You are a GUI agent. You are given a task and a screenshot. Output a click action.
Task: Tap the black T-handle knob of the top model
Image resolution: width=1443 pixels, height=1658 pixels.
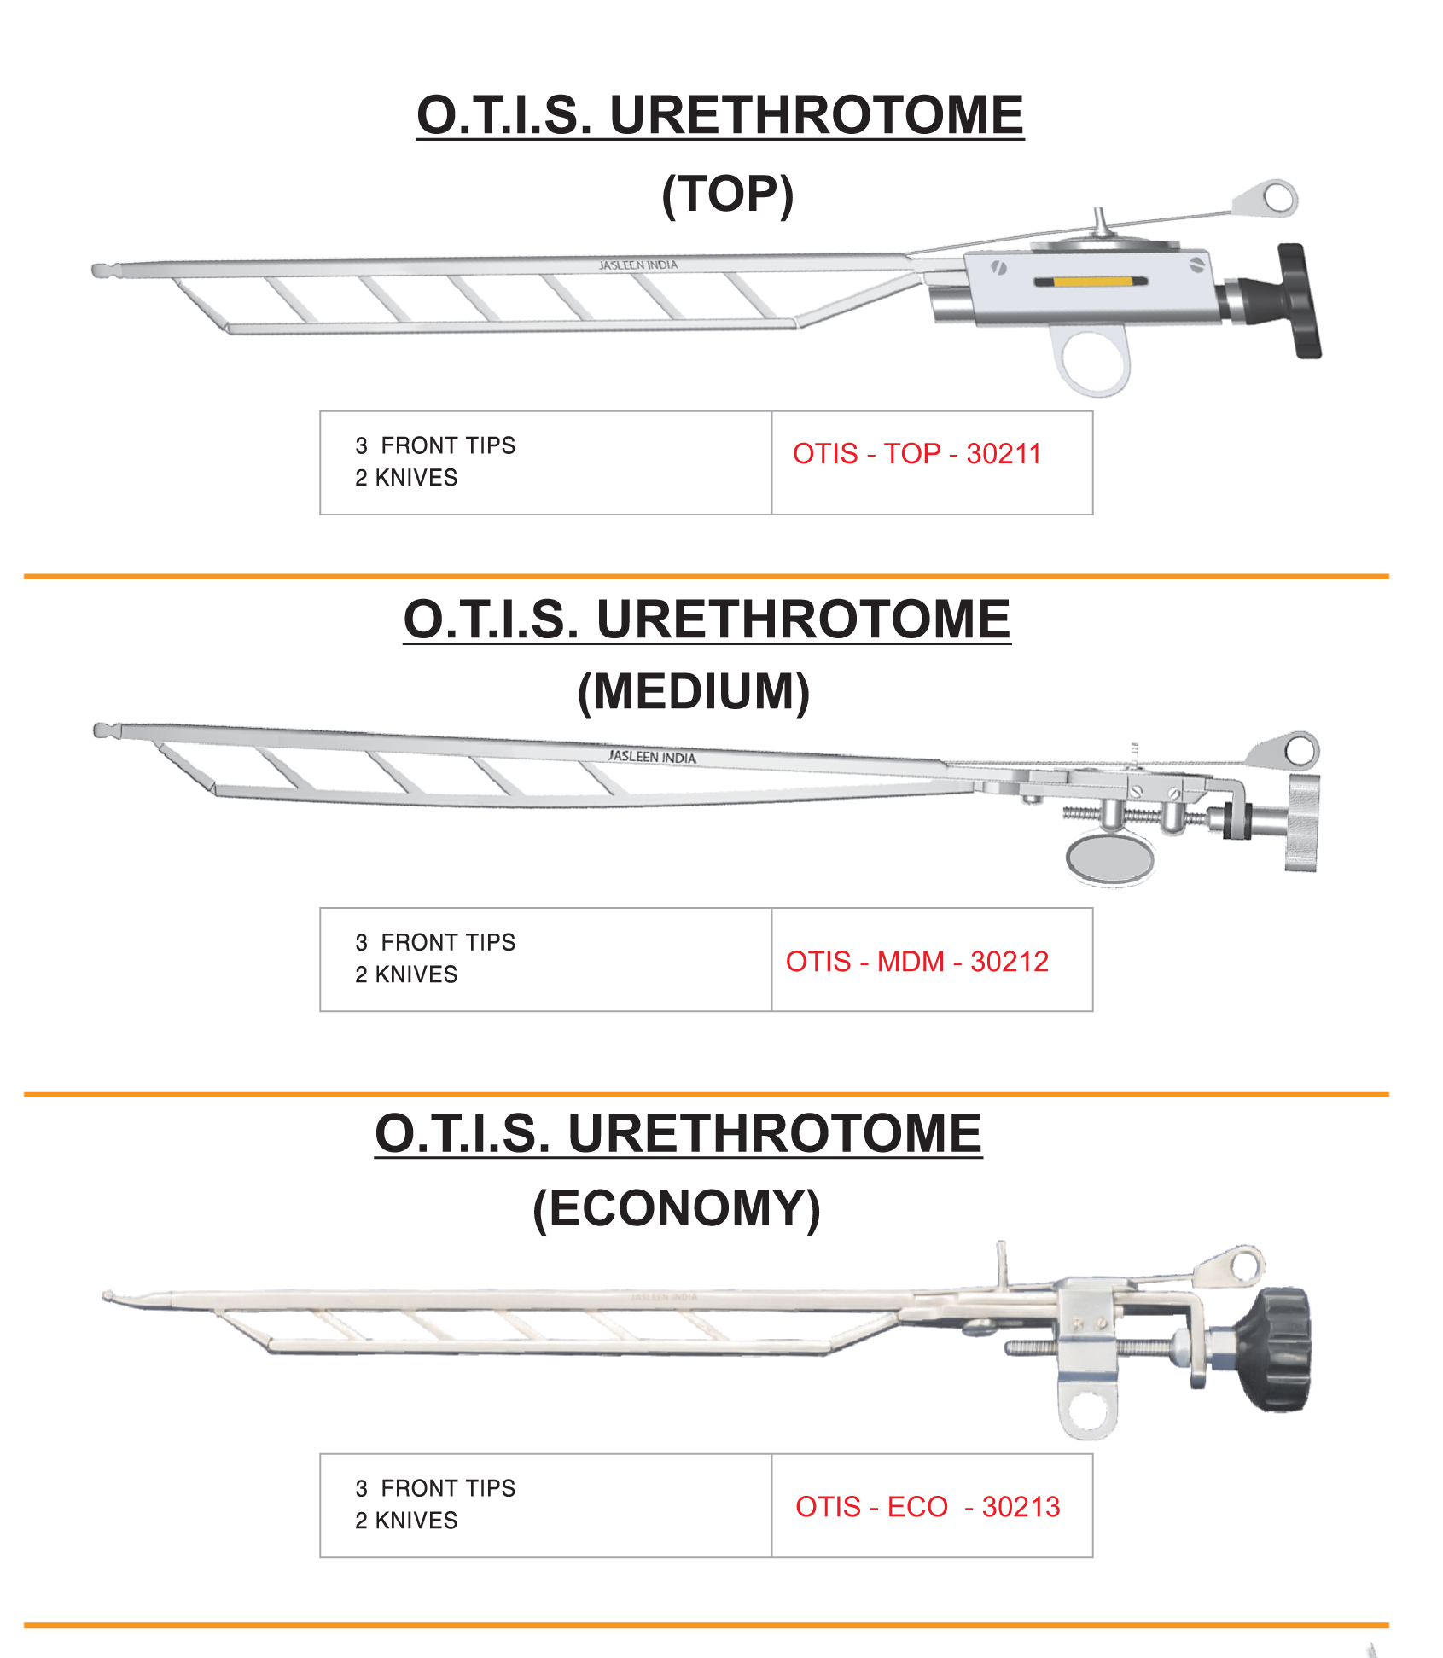point(1299,301)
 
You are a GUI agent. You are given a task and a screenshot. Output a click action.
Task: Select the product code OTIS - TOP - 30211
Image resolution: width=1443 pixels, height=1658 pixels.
point(916,454)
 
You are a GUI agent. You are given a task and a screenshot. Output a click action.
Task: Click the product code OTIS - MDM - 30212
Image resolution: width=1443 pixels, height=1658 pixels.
point(916,962)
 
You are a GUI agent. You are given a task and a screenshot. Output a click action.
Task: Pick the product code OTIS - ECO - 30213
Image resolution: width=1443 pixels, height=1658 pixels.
point(927,1507)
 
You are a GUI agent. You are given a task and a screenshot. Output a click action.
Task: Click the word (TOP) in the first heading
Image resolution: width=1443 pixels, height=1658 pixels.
point(727,195)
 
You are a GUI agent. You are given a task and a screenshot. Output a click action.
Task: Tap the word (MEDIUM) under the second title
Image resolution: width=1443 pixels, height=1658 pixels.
point(693,692)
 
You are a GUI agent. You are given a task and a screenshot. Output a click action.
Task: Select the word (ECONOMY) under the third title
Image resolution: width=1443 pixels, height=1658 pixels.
point(676,1209)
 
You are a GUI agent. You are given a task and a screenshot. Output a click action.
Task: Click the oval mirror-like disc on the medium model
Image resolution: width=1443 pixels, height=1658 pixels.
point(1109,858)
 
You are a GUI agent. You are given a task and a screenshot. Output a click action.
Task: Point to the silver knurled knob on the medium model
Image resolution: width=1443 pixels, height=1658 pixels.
point(1303,823)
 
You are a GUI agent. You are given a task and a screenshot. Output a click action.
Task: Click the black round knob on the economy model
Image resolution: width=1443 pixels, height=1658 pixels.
point(1277,1349)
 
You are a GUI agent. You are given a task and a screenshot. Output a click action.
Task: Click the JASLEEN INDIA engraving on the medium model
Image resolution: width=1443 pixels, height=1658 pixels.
point(652,757)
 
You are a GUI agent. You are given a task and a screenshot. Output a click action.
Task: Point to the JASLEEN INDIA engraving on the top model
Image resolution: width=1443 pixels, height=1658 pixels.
point(638,265)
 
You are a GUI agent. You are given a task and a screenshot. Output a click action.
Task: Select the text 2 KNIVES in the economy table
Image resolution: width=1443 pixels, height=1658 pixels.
point(406,1521)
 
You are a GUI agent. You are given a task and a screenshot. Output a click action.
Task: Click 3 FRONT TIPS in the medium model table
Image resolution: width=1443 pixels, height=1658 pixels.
point(435,942)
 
